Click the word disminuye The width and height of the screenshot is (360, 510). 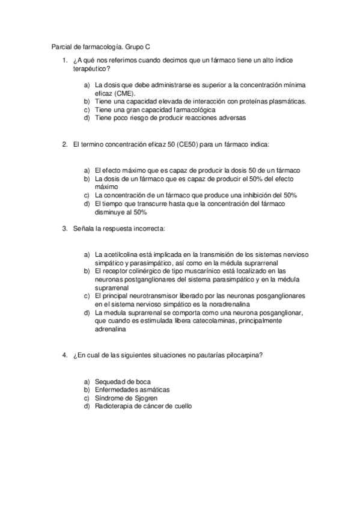point(111,212)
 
